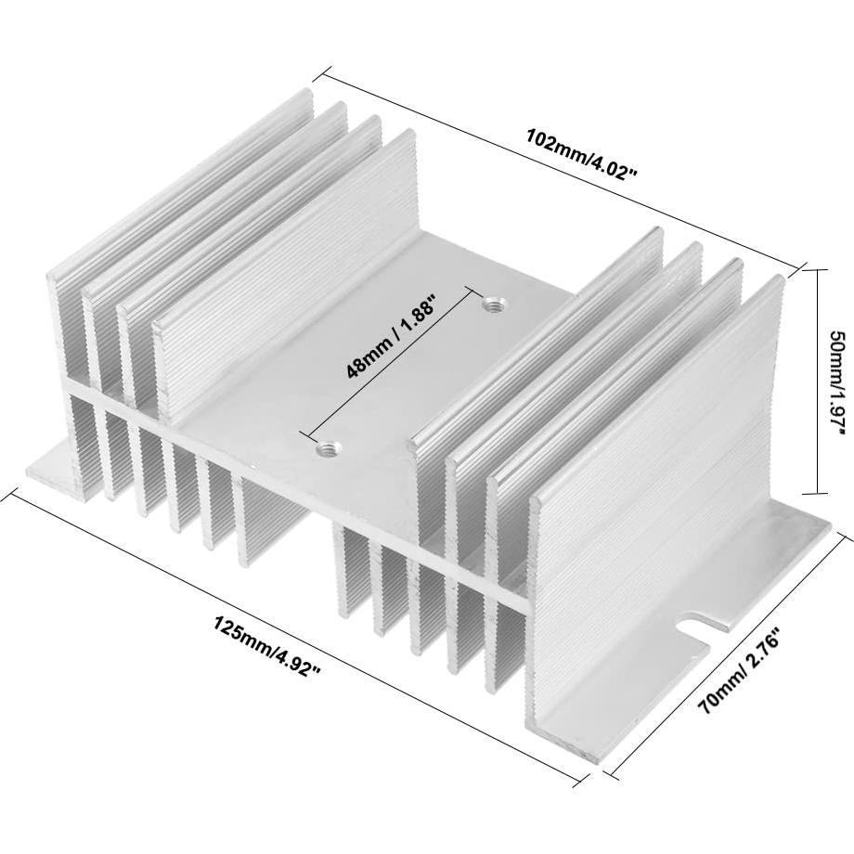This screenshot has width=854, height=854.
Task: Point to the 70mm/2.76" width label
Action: pyautogui.click(x=743, y=669)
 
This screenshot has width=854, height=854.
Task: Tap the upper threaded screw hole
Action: pyautogui.click(x=491, y=303)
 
